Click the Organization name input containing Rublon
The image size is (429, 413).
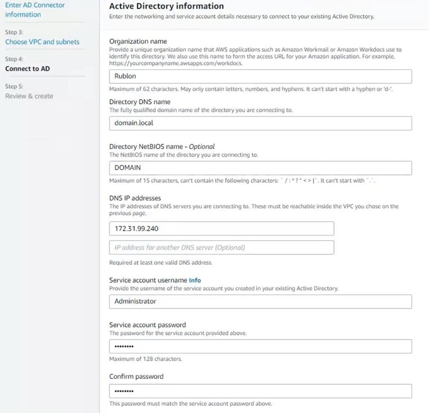pos(260,77)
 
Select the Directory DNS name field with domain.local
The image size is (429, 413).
pos(260,123)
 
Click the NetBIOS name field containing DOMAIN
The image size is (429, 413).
pos(260,168)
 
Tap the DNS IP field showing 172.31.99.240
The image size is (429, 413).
pos(221,229)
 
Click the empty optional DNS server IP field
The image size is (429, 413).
pos(221,247)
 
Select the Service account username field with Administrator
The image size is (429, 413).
pos(260,301)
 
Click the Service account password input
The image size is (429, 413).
pos(260,346)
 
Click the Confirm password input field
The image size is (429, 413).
pos(260,391)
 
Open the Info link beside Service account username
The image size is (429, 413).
pos(195,280)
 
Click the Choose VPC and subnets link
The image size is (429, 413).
pos(42,42)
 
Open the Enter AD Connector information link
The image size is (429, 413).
pos(35,10)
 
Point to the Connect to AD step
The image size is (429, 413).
pos(27,69)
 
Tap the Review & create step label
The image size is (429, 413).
pos(29,96)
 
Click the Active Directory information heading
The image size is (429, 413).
pos(166,6)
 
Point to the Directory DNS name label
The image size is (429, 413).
pos(140,102)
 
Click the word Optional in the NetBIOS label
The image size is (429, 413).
pos(202,147)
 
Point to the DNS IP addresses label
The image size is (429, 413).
pos(135,198)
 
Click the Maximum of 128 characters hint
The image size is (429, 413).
pos(145,359)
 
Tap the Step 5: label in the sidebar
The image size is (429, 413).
pos(14,86)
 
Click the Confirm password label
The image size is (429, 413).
pos(136,377)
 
